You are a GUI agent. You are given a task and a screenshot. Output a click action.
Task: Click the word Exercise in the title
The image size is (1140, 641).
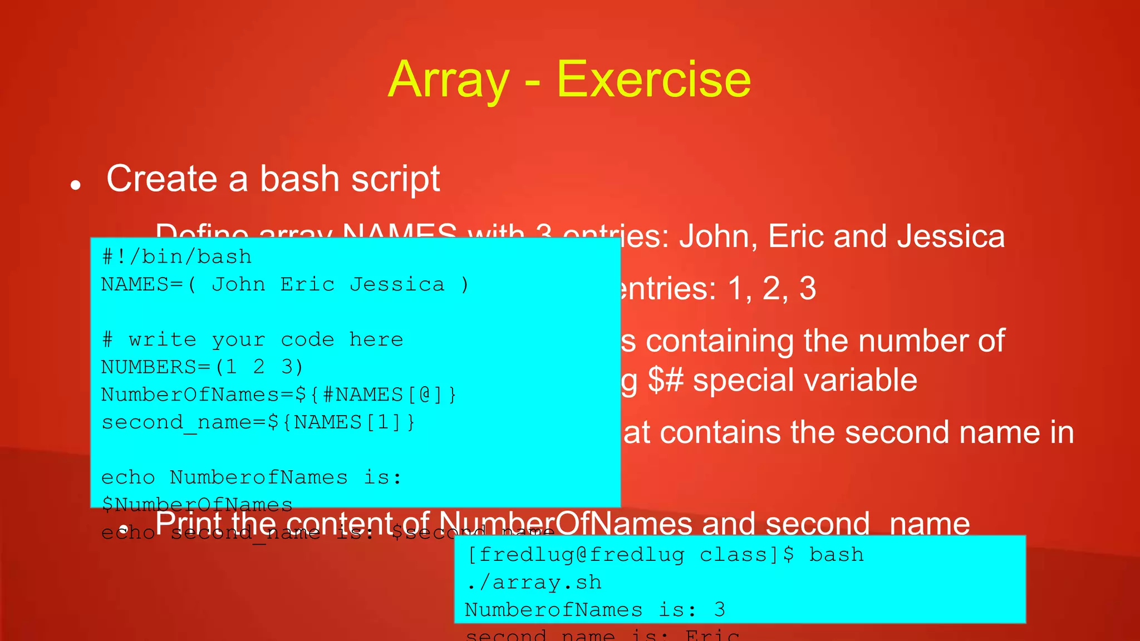[x=653, y=80]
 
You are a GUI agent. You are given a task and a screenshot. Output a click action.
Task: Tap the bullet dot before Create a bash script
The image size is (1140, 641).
[x=76, y=185]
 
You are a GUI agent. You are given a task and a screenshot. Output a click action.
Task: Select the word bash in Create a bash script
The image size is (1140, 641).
[x=299, y=179]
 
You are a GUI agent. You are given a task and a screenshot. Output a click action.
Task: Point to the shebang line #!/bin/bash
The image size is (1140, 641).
[x=176, y=257]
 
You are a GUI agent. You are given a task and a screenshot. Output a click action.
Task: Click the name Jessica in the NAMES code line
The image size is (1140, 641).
[x=397, y=284]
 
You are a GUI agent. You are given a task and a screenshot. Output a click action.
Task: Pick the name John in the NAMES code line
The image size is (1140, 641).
[x=238, y=284]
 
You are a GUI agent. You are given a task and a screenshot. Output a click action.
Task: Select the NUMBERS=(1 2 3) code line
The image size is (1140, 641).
[x=202, y=367]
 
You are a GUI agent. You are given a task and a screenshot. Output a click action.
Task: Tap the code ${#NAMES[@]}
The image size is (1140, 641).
[x=376, y=395]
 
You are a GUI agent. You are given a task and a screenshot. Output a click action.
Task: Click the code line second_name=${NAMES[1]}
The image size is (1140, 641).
[x=258, y=422]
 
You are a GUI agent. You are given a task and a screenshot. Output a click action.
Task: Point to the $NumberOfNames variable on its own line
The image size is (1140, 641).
[x=196, y=504]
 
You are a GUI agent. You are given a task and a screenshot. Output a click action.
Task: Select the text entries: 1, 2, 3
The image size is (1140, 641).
[x=717, y=289]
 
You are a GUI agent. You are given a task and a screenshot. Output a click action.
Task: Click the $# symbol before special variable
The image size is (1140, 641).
[x=665, y=381]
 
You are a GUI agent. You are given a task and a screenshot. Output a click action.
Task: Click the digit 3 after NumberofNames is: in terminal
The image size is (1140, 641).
[x=719, y=610]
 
